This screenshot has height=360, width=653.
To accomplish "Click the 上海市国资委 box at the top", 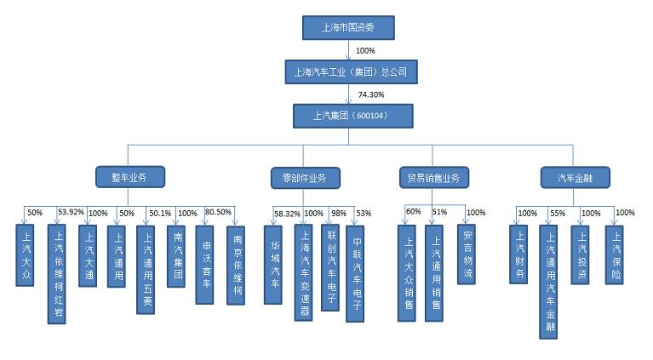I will (x=349, y=27).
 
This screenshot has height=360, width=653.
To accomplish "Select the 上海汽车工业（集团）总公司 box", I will (x=350, y=71).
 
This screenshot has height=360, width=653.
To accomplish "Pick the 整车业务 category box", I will (x=129, y=177).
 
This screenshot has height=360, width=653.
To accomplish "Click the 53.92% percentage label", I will (x=70, y=212).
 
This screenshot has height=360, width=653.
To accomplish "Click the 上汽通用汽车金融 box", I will (x=550, y=281).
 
